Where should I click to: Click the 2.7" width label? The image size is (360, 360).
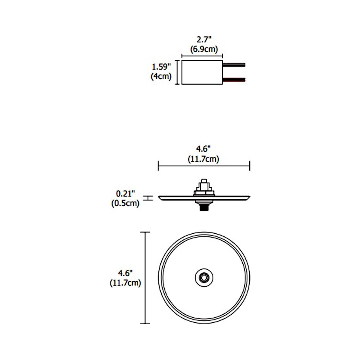tap(204, 40)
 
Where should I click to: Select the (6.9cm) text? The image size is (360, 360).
tap(204, 49)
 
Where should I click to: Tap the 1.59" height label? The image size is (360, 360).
tap(161, 67)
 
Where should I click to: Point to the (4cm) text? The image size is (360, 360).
tap(161, 76)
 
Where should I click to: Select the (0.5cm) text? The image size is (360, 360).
tap(125, 203)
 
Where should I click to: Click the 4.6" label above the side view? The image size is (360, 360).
tap(203, 149)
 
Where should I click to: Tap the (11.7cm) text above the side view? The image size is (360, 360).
tap(203, 159)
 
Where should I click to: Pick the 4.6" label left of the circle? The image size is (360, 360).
tap(125, 273)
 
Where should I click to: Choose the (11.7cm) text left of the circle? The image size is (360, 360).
tap(125, 283)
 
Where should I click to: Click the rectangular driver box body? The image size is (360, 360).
tap(202, 72)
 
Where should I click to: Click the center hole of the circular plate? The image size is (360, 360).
tap(204, 277)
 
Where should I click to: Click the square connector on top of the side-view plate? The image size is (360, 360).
tap(204, 187)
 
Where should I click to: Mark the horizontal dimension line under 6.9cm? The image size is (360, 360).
tap(202, 55)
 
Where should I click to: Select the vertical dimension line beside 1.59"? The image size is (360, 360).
tap(177, 72)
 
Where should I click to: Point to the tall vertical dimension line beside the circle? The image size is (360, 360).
tap(145, 277)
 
